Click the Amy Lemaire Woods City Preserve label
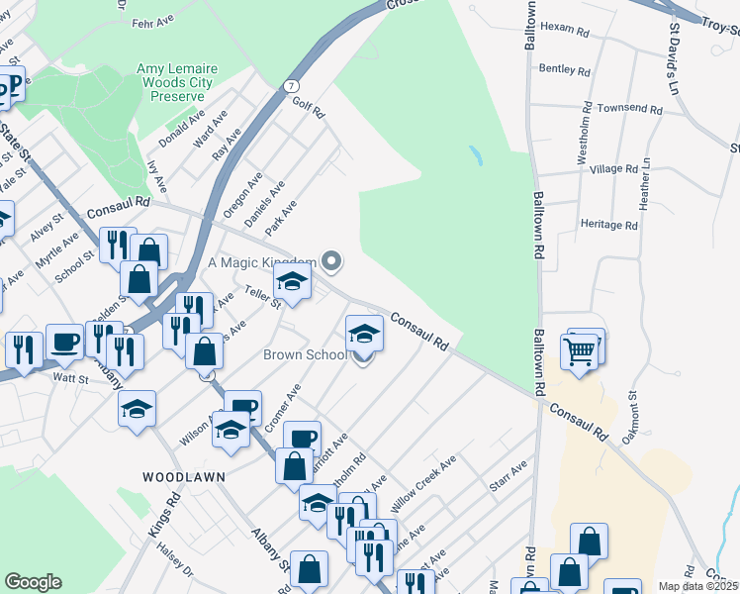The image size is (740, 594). point(173,82)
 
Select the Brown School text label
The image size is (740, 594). point(305,355)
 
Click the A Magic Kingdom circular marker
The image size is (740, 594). point(331,262)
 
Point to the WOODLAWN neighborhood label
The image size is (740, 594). point(183,477)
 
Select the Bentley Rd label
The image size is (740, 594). point(565,70)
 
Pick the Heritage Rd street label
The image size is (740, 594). point(609,225)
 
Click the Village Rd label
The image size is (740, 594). point(613,169)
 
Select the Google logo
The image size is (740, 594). point(33,582)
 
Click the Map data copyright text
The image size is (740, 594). point(698,586)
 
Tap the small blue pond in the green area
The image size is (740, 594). point(476,155)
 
